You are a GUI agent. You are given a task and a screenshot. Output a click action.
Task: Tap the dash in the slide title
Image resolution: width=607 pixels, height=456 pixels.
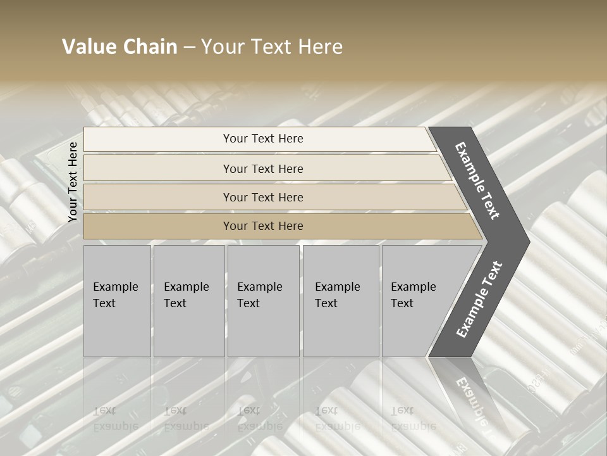pyautogui.click(x=189, y=47)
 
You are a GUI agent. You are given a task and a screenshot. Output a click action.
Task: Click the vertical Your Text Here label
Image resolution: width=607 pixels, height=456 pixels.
pyautogui.click(x=73, y=182)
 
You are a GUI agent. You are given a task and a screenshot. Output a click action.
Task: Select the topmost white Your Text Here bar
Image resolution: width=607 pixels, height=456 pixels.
pyautogui.click(x=262, y=139)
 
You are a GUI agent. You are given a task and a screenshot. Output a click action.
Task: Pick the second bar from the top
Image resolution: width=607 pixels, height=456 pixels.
pyautogui.click(x=262, y=168)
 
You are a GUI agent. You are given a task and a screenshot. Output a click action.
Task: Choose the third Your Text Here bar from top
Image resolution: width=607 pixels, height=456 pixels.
pyautogui.click(x=262, y=197)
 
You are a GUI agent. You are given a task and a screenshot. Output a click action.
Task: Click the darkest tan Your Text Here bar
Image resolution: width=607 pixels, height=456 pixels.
pyautogui.click(x=262, y=226)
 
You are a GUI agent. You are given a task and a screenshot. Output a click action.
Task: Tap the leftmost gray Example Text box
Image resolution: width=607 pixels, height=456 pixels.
pyautogui.click(x=117, y=301)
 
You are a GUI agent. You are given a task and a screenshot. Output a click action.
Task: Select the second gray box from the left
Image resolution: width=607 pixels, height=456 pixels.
pyautogui.click(x=188, y=301)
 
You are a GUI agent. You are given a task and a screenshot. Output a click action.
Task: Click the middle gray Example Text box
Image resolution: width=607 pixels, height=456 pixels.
pyautogui.click(x=263, y=301)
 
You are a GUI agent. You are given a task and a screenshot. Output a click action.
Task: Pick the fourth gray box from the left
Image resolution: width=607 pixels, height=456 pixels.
pyautogui.click(x=341, y=301)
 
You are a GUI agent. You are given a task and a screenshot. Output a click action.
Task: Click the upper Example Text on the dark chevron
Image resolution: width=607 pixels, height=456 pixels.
pyautogui.click(x=478, y=180)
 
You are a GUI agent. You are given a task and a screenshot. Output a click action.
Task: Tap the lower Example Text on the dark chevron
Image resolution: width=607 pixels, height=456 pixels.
pyautogui.click(x=479, y=300)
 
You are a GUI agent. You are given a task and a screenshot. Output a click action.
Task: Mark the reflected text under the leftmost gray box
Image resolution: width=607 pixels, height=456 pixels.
pyautogui.click(x=116, y=418)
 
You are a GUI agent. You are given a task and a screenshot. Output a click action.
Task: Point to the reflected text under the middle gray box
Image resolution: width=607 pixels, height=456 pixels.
pyautogui.click(x=260, y=418)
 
